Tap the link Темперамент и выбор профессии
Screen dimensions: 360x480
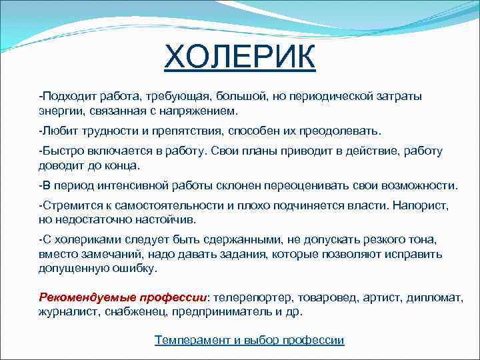coord(249,340)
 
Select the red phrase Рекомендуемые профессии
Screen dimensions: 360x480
coord(123,297)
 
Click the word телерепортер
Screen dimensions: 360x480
coord(247,297)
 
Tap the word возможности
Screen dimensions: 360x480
coord(417,185)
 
